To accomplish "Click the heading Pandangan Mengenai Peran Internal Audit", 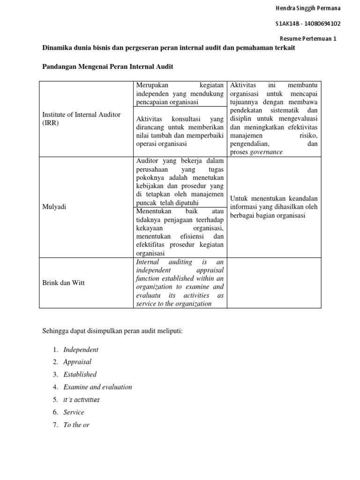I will (108, 67).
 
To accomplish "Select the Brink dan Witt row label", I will (64, 283).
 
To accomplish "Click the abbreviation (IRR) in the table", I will (51, 122).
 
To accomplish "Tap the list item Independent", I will (81, 350).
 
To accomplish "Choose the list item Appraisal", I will (77, 362).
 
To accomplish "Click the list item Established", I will (80, 375).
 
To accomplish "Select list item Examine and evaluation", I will (97, 387).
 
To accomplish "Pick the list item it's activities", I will (82, 400).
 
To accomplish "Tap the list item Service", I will (74, 412).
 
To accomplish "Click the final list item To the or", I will (76, 425).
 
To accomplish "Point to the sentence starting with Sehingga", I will (112, 331).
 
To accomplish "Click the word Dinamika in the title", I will (59, 48).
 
